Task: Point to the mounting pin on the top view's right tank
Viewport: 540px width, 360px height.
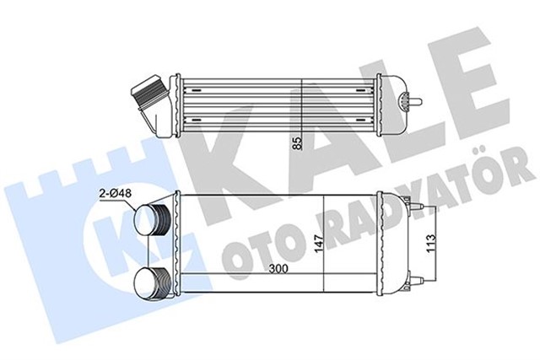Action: pos(417,99)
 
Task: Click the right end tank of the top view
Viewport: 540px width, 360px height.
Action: pos(393,100)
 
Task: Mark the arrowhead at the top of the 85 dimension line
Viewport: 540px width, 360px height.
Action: pos(301,78)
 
